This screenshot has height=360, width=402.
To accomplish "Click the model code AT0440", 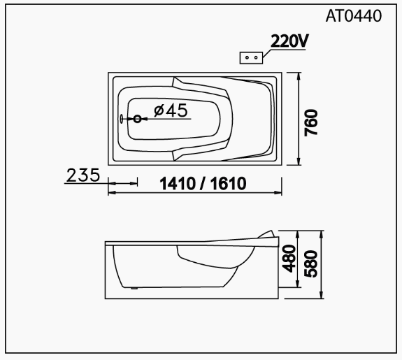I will [353, 16].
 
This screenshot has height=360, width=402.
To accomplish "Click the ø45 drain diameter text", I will [171, 110].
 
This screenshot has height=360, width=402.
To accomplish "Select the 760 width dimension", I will [311, 122].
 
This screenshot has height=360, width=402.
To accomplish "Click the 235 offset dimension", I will [82, 175].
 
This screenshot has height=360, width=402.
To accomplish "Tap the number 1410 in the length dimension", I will [179, 185].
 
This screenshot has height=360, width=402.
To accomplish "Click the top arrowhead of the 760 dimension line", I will [299, 75].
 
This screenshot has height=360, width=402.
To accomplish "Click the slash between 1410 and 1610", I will [202, 185].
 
